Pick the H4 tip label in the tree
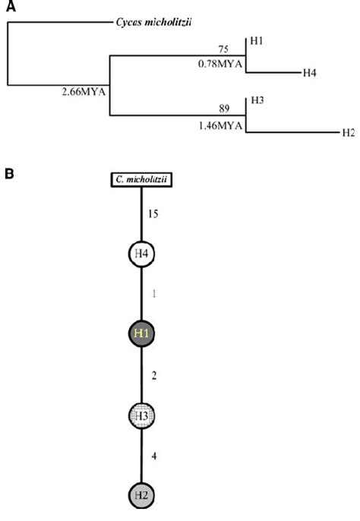point(310,73)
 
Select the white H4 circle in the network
point(142,256)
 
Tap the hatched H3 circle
point(142,415)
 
